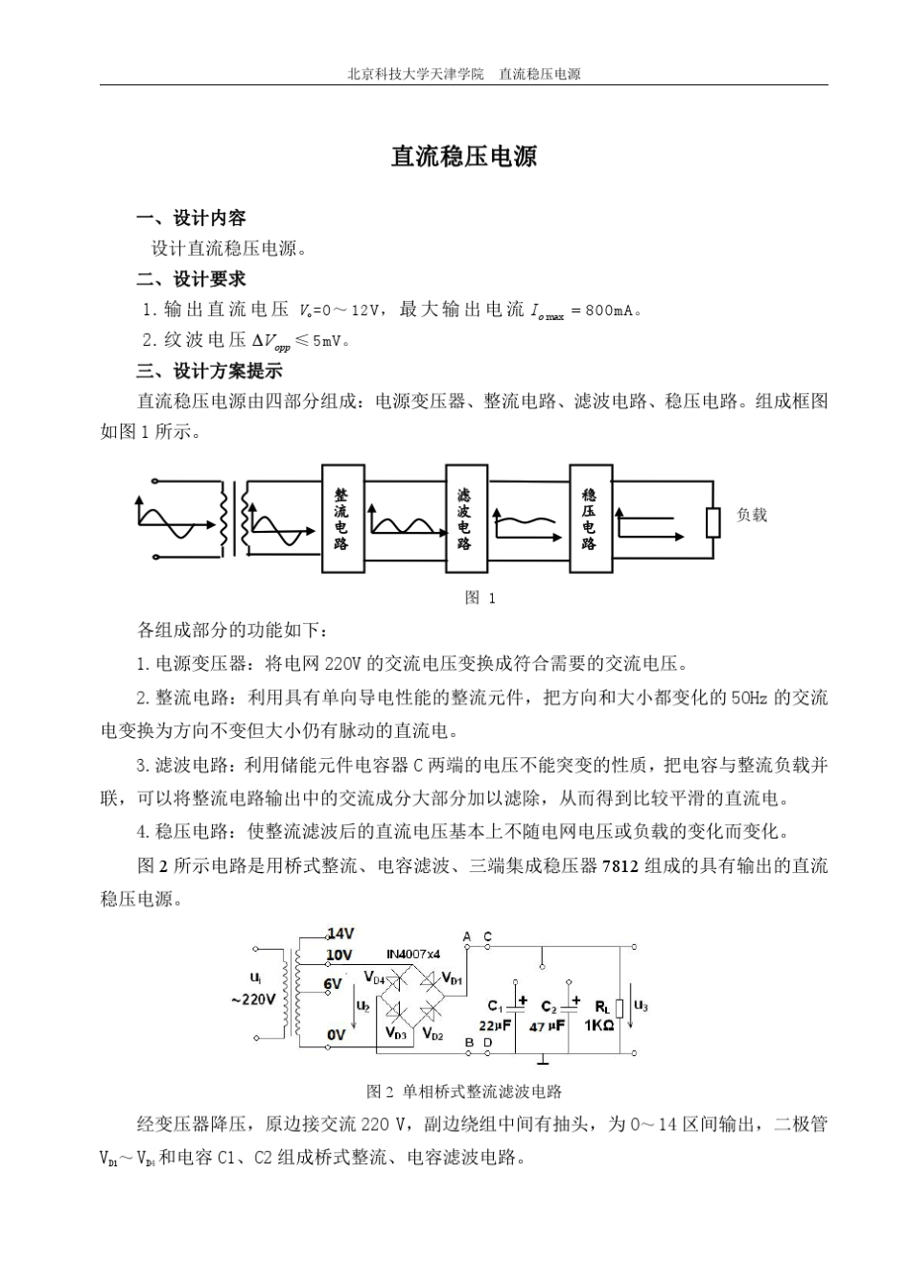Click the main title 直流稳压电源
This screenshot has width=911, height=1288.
coord(464,157)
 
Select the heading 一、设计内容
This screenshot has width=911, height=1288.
coord(191,218)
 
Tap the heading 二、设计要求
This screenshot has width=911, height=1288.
coord(191,279)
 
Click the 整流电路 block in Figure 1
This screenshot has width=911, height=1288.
coord(342,518)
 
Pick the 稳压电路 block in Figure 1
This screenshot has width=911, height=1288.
coord(590,518)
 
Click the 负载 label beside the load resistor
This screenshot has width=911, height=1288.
coord(752,516)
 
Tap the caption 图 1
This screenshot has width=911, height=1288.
coord(479,598)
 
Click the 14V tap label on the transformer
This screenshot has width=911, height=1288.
coord(341,933)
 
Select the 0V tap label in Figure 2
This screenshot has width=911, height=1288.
coord(336,1035)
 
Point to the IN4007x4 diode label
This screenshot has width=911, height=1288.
coord(413,954)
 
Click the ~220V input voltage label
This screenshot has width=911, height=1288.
coord(253,1000)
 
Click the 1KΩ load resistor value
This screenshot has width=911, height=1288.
coord(599,1024)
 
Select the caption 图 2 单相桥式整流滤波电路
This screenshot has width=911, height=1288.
coord(464,1092)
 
